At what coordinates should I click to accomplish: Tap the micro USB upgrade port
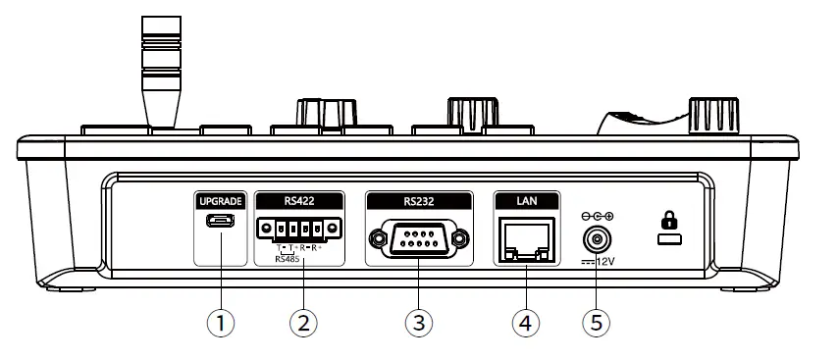click(220, 223)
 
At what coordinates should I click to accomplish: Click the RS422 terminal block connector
click(299, 230)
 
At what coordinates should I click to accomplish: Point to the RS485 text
click(288, 260)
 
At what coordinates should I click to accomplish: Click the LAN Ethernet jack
click(525, 238)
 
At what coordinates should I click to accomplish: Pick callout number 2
click(303, 323)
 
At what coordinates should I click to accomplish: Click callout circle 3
click(417, 323)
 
